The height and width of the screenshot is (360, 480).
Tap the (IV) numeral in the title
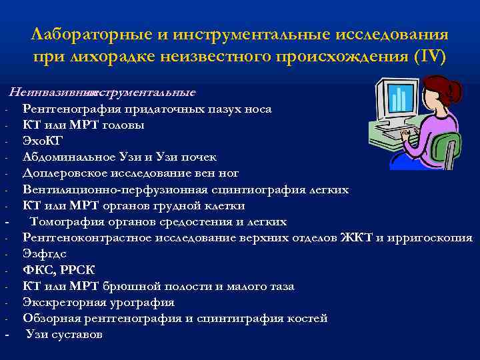coord(431,55)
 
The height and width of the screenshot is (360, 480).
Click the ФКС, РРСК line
coord(59,270)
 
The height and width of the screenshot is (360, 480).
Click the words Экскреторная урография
coord(99,303)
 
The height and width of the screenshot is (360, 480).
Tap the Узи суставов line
coord(64,335)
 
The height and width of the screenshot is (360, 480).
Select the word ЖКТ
coord(357,238)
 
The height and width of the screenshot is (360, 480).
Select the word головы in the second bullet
coord(125,125)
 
